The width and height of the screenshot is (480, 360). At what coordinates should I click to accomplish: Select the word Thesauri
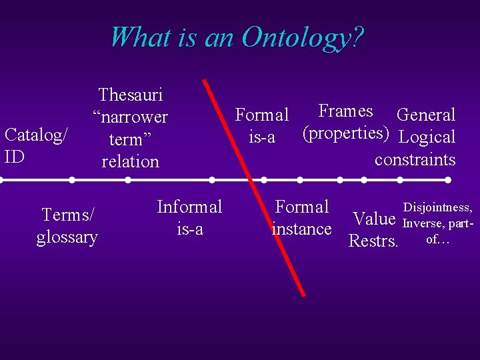131,95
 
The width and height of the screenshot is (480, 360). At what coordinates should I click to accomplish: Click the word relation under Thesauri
131,161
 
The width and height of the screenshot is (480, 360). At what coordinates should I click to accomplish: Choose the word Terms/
68,214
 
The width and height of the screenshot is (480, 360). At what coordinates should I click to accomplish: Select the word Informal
189,207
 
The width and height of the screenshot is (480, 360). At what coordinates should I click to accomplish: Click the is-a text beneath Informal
189,229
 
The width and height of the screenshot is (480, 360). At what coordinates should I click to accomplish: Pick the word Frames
345,111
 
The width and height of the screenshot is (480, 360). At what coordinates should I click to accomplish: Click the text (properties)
345,133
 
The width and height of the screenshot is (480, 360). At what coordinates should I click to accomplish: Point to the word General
426,115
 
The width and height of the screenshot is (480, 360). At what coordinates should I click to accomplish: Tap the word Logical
427,137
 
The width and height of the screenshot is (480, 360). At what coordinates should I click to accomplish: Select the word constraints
415,159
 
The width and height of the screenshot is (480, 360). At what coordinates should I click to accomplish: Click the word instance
302,229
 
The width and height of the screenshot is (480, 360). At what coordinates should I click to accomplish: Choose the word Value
375,219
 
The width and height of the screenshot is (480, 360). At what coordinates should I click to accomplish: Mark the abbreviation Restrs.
373,241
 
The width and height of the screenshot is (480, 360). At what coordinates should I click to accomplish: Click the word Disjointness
438,209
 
